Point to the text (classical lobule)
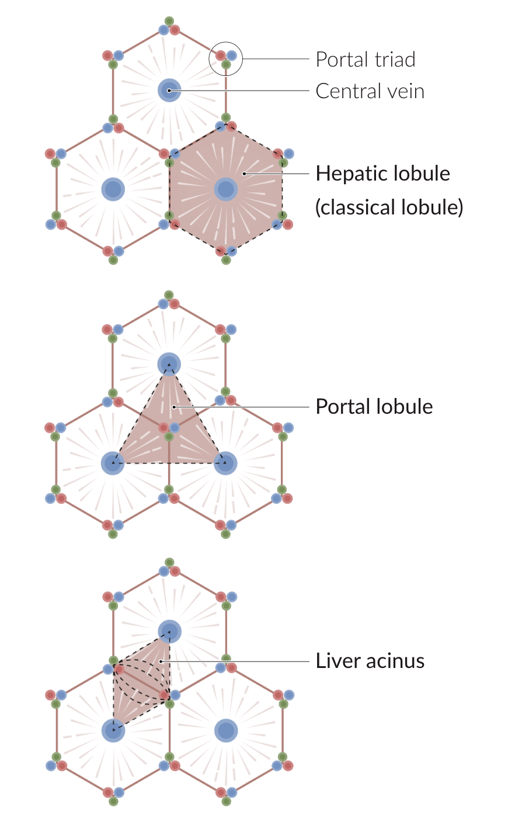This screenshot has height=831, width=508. (x=389, y=207)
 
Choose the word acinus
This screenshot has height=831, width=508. (x=394, y=661)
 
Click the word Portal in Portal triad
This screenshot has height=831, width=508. (x=340, y=59)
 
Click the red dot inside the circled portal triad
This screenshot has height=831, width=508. (x=221, y=56)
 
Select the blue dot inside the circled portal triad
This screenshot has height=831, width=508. (x=232, y=56)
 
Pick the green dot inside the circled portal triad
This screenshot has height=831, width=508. (x=226, y=64)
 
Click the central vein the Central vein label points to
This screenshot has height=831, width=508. (x=169, y=90)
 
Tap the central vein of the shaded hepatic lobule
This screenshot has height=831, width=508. (x=225, y=189)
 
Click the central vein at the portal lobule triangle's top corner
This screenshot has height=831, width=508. (x=169, y=365)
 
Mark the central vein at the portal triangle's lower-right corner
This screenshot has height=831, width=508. (x=225, y=463)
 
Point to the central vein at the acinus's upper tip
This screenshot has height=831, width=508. (x=169, y=632)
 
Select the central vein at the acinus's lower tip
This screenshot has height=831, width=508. (x=113, y=730)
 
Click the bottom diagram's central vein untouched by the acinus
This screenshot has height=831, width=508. (x=225, y=730)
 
